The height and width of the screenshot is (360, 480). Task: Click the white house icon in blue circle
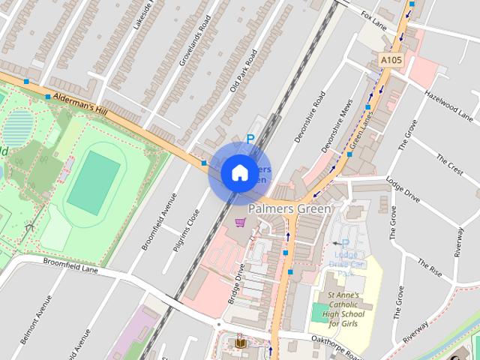[239, 172]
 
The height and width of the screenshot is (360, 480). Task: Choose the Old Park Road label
[244, 71]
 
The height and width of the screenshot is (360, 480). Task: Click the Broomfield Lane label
[71, 264]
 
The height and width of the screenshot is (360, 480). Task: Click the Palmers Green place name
[289, 209]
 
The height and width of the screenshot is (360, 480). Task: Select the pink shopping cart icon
[240, 222]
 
